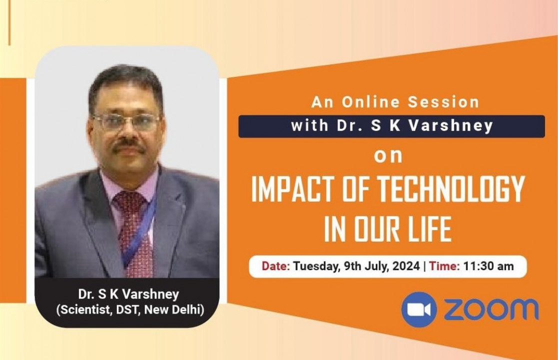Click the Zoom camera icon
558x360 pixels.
click(x=419, y=309)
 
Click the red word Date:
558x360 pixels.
click(x=276, y=266)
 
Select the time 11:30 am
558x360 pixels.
click(x=489, y=266)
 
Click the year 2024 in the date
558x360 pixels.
click(x=405, y=266)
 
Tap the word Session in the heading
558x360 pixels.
click(x=444, y=102)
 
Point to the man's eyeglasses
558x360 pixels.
click(x=126, y=122)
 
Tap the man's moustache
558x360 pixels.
click(x=128, y=147)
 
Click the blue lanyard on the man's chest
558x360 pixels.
click(x=145, y=225)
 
